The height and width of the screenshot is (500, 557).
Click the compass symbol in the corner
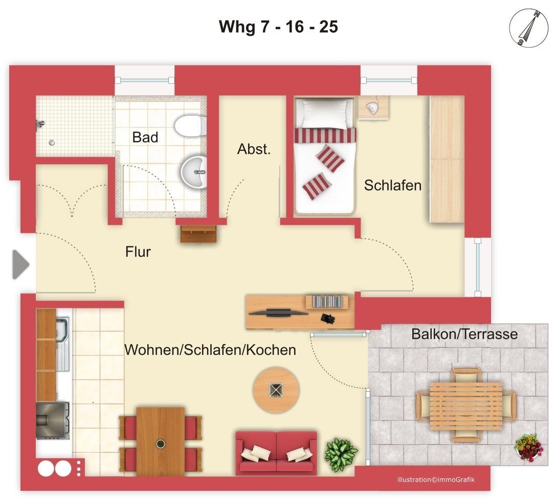click(529, 29)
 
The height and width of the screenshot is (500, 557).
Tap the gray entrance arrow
click(20, 264)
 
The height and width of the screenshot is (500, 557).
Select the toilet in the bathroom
click(190, 125)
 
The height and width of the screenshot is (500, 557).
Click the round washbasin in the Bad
click(194, 172)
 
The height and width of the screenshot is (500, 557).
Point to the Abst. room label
click(254, 149)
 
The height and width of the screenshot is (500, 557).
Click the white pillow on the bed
click(322, 113)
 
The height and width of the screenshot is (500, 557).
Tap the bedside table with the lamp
click(373, 107)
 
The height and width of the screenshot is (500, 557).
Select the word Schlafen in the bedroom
click(392, 186)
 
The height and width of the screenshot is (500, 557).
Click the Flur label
click(138, 252)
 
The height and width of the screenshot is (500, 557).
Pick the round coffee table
click(276, 390)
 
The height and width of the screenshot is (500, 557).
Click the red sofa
click(276, 453)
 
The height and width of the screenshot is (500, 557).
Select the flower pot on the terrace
click(529, 448)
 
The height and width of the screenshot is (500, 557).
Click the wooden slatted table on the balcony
click(466, 406)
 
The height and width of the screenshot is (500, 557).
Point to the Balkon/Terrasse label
click(464, 334)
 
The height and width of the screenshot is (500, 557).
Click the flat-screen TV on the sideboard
click(278, 312)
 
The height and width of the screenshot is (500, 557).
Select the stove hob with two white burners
click(60, 468)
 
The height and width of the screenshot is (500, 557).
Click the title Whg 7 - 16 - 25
click(278, 27)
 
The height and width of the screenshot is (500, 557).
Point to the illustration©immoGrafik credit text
click(436, 480)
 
